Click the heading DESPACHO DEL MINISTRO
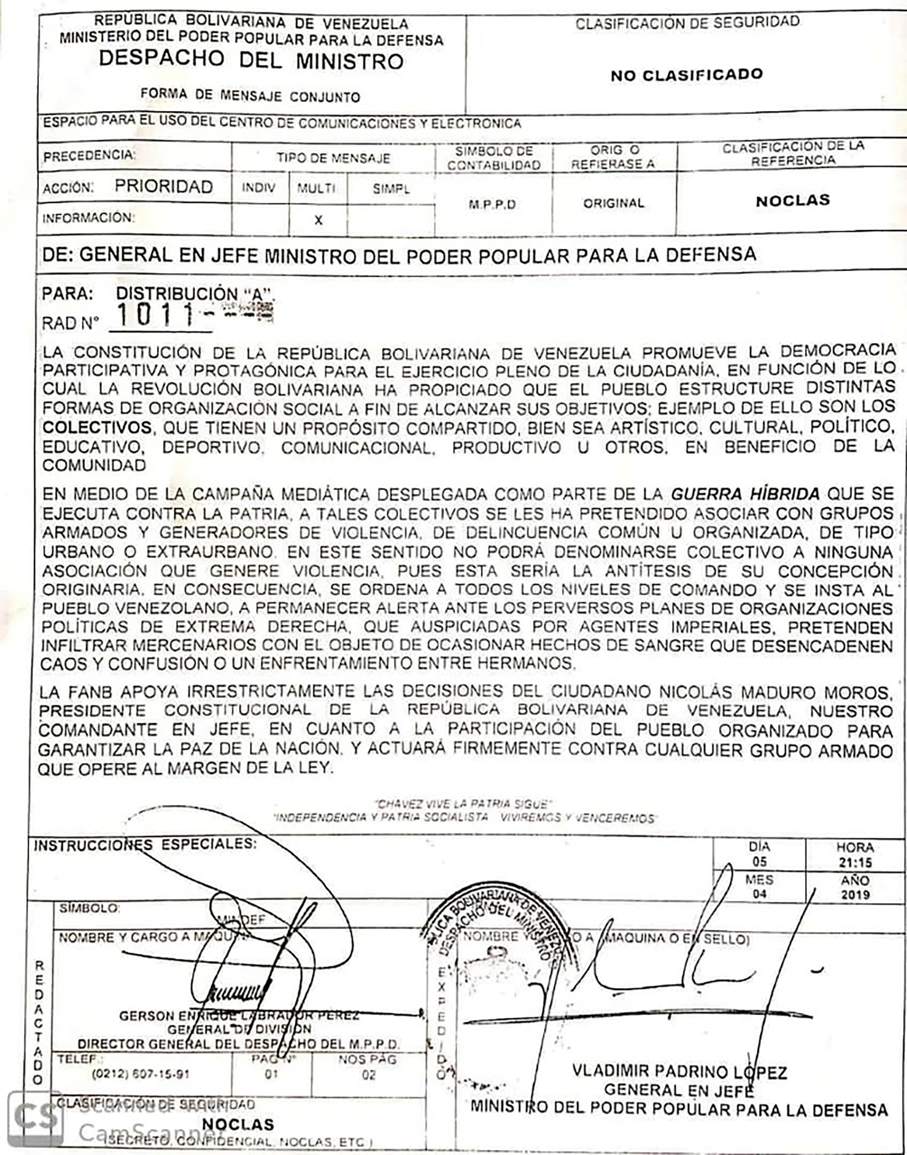point(251,60)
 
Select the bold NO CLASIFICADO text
point(686,75)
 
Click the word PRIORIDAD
point(163,187)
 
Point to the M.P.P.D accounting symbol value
point(492,205)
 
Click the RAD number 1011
point(154,316)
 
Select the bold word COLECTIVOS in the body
point(97,428)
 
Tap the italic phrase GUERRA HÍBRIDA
point(745,494)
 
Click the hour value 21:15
point(856,863)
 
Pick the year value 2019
point(856,895)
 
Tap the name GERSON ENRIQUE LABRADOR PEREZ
point(239,1016)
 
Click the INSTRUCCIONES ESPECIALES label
point(145,844)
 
